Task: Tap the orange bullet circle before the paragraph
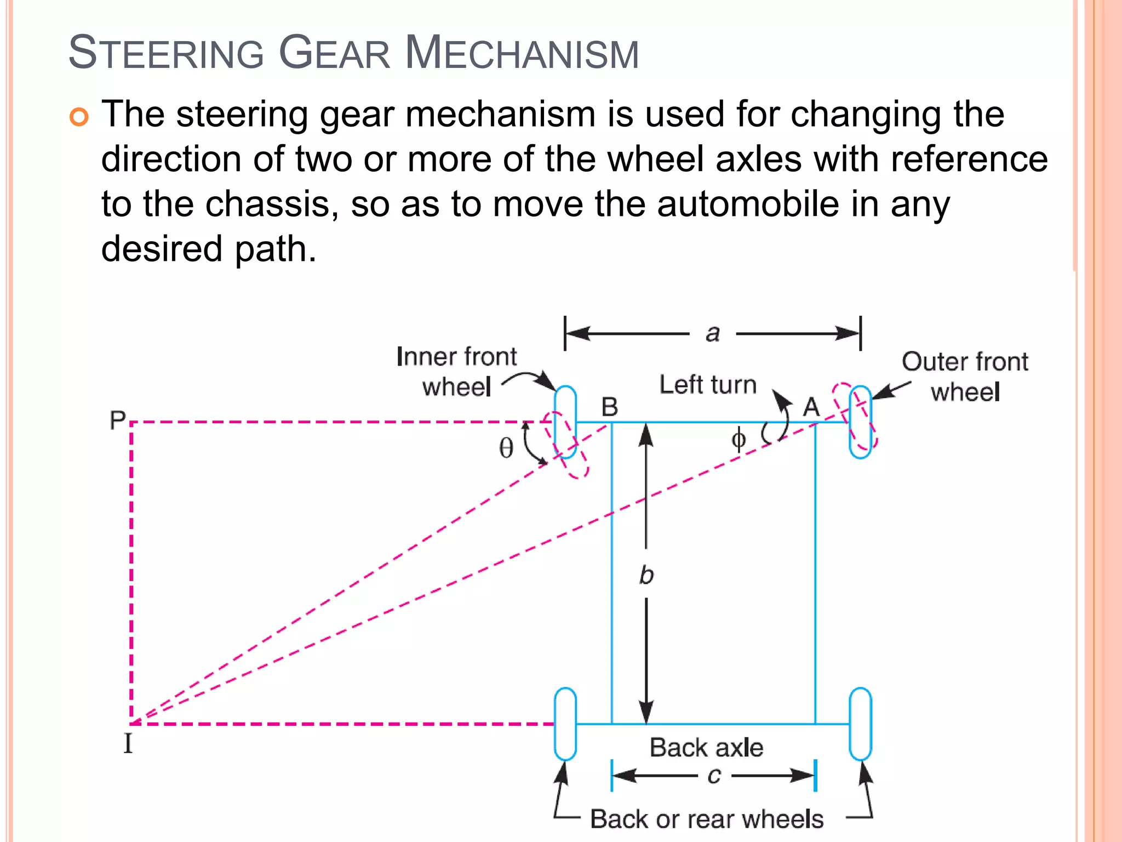tap(79, 117)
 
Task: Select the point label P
tap(117, 420)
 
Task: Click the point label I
tap(128, 744)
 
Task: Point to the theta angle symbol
tap(506, 448)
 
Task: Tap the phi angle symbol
tap(739, 439)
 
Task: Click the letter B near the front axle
tap(609, 407)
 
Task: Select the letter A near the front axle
tap(811, 407)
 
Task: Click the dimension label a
tap(712, 333)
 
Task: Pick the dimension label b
tap(646, 575)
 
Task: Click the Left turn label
tap(708, 385)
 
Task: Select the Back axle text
tap(706, 748)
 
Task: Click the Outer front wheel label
tap(965, 377)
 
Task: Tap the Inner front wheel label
tap(456, 372)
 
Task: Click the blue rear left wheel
tap(565, 724)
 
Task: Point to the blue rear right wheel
tap(860, 724)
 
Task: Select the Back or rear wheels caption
tap(707, 819)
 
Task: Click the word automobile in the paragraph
tap(748, 204)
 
